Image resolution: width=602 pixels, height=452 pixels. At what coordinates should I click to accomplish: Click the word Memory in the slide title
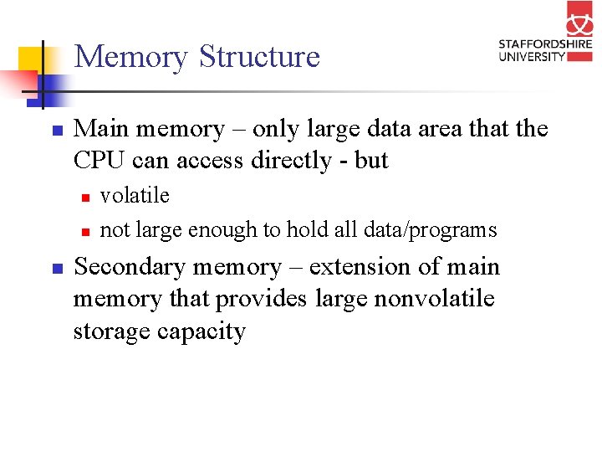click(130, 57)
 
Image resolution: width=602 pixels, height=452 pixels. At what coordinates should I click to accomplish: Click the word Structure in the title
click(259, 57)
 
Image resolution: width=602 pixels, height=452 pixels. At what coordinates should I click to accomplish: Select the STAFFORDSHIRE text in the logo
click(544, 44)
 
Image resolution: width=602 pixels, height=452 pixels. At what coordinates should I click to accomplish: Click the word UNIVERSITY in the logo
click(532, 56)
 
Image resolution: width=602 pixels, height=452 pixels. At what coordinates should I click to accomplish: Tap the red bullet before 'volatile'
click(84, 198)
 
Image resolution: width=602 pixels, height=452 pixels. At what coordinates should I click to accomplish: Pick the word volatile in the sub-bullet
click(135, 196)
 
